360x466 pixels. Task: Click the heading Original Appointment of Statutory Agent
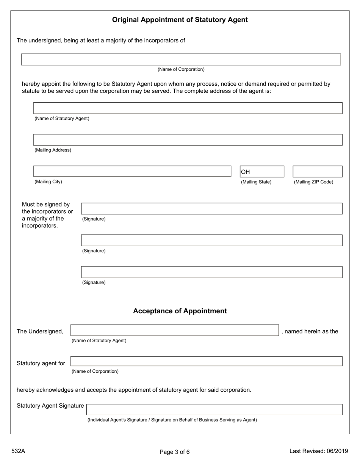180,20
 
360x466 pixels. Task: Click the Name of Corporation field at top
181,59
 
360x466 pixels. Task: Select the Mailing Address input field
188,140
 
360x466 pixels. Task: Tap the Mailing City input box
132,172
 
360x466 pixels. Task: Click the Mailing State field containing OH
261,172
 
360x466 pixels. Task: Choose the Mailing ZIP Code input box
317,172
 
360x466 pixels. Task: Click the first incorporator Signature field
211,209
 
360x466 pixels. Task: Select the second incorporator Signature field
211,241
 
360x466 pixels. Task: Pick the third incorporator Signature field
211,272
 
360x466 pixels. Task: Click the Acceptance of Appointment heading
180,311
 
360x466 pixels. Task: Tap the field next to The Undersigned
175,330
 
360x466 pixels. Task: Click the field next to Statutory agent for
206,361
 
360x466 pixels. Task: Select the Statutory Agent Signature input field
214,410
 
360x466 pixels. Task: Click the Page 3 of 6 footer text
174,452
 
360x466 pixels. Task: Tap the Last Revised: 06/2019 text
318,451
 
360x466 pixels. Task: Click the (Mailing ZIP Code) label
313,182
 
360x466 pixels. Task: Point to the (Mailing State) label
256,182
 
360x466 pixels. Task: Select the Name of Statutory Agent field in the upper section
188,108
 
